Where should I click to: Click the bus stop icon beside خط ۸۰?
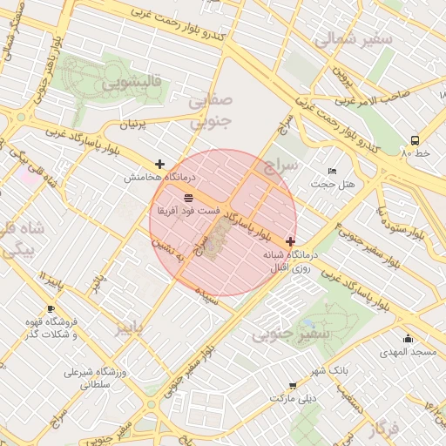[414, 140]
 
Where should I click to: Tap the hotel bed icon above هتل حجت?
[331, 171]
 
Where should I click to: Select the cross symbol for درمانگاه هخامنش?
[159, 164]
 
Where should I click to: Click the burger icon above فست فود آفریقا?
[189, 199]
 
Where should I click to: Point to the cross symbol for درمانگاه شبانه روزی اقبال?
[290, 241]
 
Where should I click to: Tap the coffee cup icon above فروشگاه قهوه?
[51, 309]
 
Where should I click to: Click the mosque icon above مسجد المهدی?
[408, 340]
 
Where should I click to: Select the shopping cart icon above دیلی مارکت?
[292, 385]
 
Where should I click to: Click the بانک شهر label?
[332, 370]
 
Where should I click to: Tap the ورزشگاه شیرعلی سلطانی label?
[95, 378]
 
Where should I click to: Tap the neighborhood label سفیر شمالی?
[346, 40]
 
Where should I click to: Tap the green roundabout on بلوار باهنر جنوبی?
[21, 117]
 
